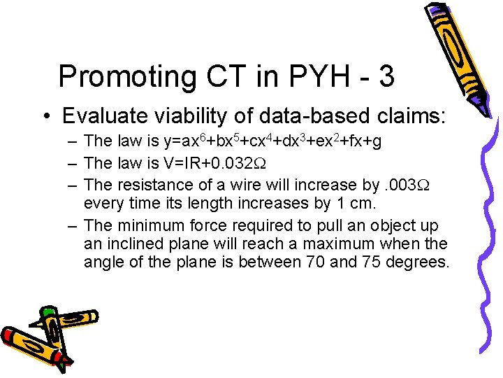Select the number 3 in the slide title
[386, 76]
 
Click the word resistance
[153, 184]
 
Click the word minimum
[154, 225]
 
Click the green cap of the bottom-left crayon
[48, 311]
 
